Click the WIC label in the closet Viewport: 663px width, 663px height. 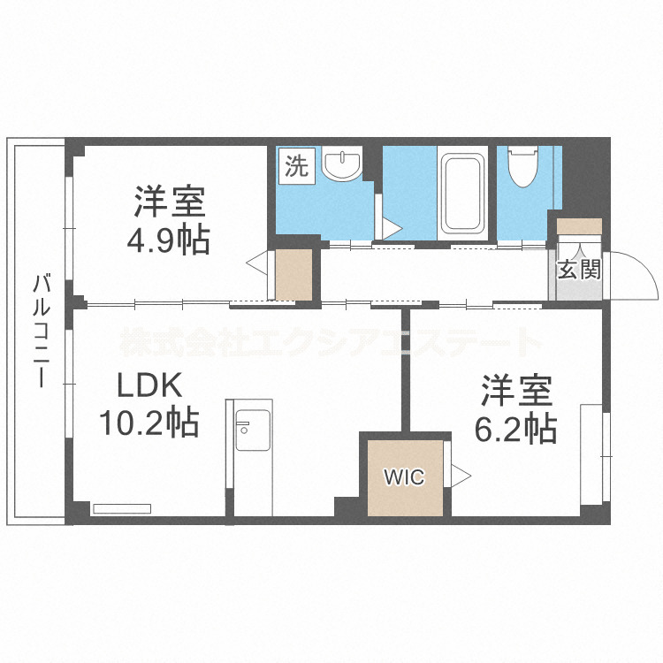(x=403, y=477)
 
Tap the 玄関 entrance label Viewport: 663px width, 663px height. (x=578, y=269)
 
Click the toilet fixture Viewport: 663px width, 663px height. (x=522, y=168)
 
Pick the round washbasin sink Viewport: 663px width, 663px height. (x=342, y=164)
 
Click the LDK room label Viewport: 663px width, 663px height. (x=151, y=385)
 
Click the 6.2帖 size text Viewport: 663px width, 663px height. (x=516, y=429)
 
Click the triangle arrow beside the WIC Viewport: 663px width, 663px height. (x=461, y=475)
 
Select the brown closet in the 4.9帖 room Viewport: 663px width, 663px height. (x=293, y=274)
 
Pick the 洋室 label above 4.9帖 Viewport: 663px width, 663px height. (x=171, y=202)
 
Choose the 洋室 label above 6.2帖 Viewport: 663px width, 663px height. (x=516, y=392)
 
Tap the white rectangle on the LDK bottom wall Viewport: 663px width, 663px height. (x=121, y=508)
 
